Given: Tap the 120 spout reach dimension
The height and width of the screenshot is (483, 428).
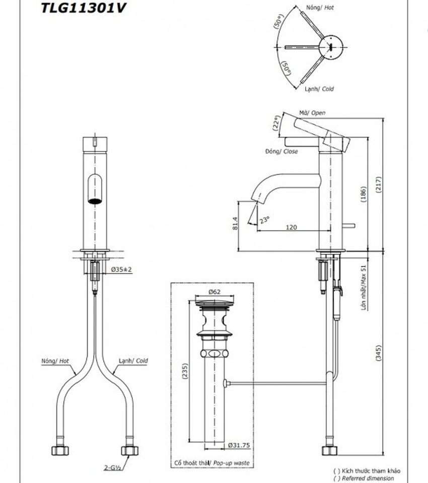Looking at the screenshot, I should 291,227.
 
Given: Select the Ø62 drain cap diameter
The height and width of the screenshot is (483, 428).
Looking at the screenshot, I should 215,291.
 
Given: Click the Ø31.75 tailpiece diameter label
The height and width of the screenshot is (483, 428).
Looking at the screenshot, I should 239,445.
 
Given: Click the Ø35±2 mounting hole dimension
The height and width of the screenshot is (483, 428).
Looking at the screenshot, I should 121,270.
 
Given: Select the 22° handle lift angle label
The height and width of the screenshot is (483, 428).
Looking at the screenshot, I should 276,123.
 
